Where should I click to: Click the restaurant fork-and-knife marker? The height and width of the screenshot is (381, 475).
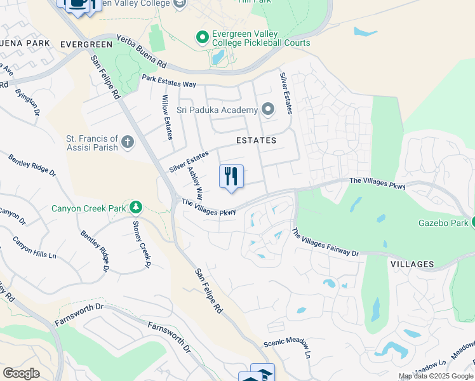click(231, 177)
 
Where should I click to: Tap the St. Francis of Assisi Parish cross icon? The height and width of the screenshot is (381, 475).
click(128, 142)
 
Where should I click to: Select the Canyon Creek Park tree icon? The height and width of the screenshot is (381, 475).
click(135, 207)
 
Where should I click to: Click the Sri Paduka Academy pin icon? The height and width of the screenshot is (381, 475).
click(268, 110)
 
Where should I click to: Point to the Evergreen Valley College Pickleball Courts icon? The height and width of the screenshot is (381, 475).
click(203, 37)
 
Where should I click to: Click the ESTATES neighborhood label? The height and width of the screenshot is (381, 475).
click(257, 140)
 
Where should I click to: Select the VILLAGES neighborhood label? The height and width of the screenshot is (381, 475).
click(412, 264)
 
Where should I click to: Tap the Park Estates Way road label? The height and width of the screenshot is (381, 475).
click(169, 82)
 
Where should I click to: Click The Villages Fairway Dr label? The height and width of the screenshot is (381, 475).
click(324, 243)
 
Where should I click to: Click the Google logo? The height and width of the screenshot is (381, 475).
click(21, 373)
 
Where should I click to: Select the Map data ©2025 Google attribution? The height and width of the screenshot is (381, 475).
click(436, 376)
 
